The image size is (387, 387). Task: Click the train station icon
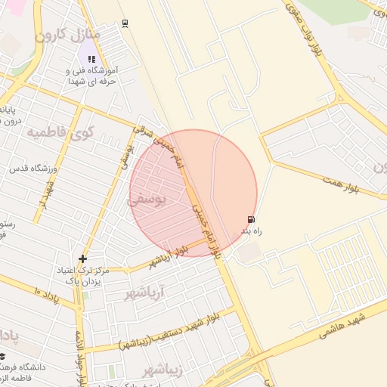click(x=124, y=23)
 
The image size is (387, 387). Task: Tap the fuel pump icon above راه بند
click(x=251, y=219)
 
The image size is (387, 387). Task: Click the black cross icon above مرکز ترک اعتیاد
click(x=82, y=259)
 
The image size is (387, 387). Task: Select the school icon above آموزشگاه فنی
click(x=91, y=58)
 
